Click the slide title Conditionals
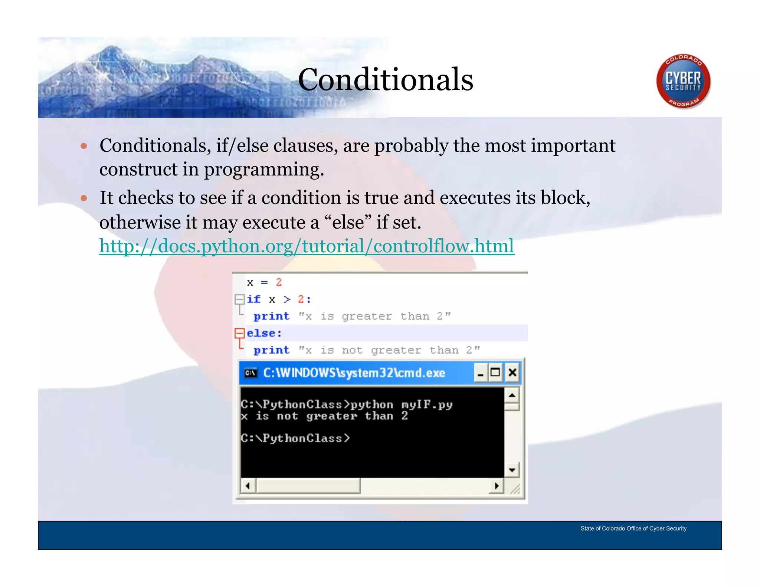385,79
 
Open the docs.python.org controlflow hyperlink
307,246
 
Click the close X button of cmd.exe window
512,372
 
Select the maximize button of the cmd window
495,372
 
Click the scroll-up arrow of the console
512,395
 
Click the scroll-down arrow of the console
512,470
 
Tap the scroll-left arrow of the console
248,486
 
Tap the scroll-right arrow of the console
497,486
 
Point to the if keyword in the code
254,299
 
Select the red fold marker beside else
240,333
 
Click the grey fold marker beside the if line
240,299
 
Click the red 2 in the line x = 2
279,282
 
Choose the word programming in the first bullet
263,170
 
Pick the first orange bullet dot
84,146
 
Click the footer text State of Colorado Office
633,528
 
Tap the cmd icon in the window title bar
251,373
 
